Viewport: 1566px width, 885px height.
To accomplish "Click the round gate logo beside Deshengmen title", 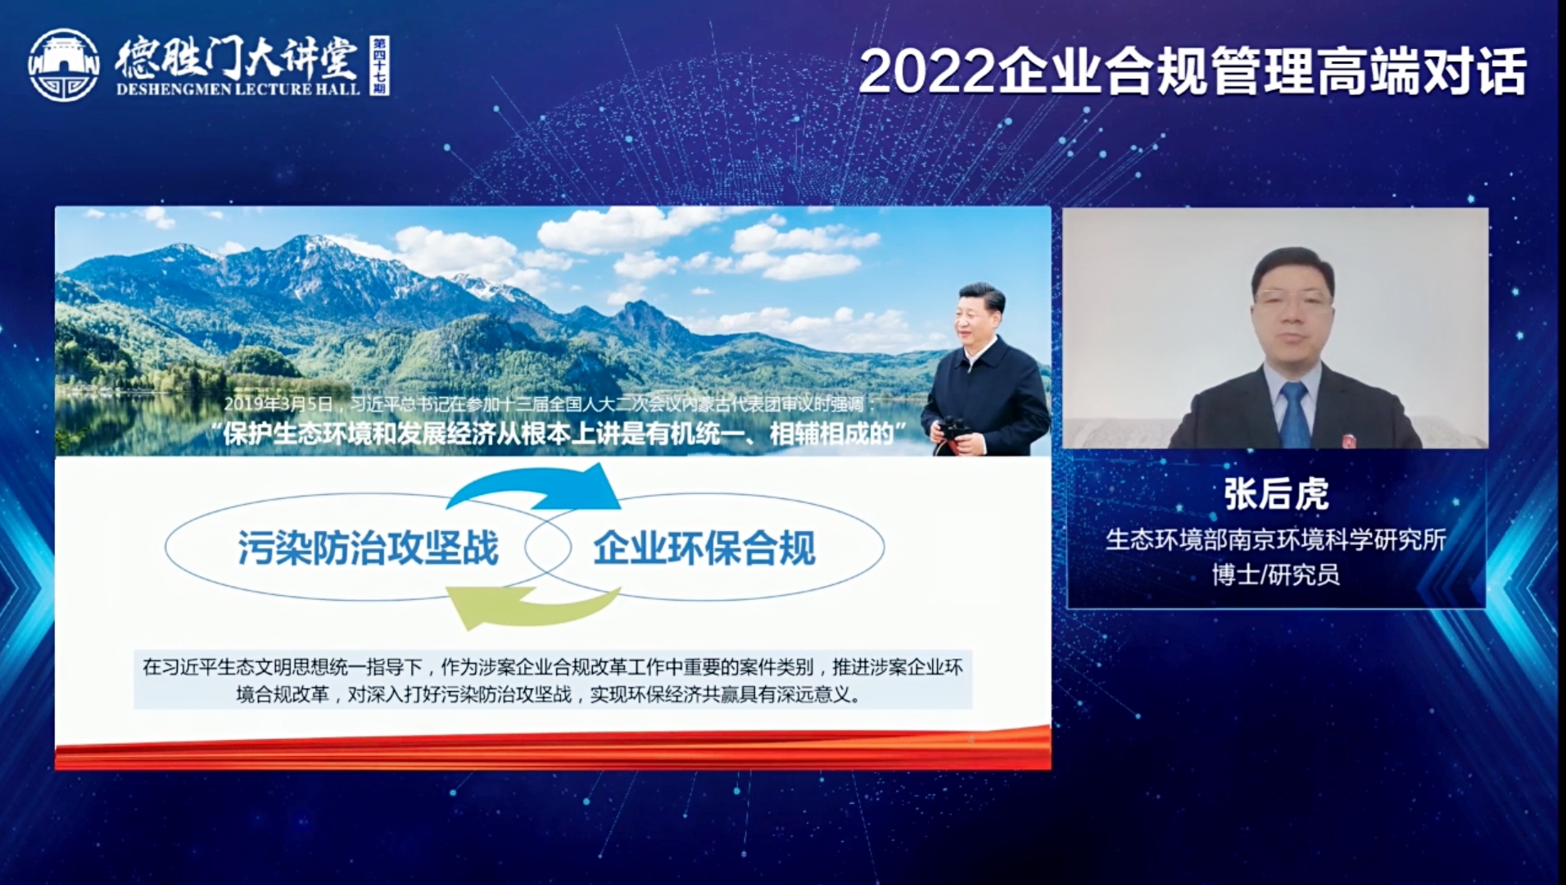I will (63, 66).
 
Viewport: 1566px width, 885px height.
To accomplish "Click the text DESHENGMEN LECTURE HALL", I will (238, 89).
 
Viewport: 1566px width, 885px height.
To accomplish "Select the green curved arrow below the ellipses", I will (532, 607).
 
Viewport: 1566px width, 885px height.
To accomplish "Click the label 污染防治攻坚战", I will (368, 547).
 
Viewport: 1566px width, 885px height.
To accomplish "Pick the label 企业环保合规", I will (704, 547).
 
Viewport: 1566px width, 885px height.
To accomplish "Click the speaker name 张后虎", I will (1275, 494).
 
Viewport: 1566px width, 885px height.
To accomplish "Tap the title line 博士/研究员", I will (1275, 574).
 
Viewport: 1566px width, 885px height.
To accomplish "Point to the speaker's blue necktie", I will (1294, 415).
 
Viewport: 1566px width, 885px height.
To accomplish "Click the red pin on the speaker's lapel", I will (1350, 440).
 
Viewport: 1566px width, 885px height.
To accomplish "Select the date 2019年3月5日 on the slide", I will (278, 404).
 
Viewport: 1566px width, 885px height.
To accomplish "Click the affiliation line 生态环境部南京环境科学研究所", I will (1275, 539).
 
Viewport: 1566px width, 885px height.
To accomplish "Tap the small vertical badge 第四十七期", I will (378, 66).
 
